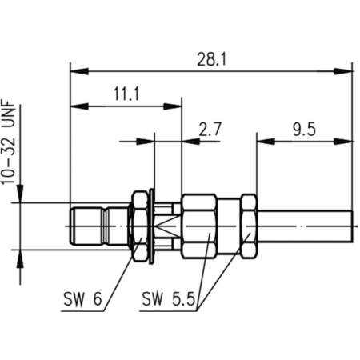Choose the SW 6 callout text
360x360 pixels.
[82, 301]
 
